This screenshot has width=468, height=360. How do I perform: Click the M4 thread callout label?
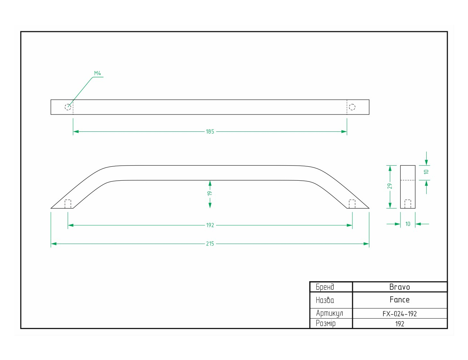tap(97, 73)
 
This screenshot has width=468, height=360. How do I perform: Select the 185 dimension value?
tap(210, 131)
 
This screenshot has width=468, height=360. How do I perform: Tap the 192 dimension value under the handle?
tap(210, 225)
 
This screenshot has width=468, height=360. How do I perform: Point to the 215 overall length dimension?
tap(210, 244)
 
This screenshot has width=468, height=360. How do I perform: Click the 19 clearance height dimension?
tap(210, 193)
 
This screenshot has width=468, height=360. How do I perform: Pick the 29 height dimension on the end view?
tap(390, 186)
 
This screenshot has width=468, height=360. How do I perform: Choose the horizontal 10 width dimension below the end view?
tap(408, 224)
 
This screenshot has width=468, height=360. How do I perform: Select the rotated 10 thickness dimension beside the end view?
tap(426, 172)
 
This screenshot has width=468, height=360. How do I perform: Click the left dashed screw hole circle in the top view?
tap(68, 107)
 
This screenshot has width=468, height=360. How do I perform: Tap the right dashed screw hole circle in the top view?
tap(352, 107)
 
